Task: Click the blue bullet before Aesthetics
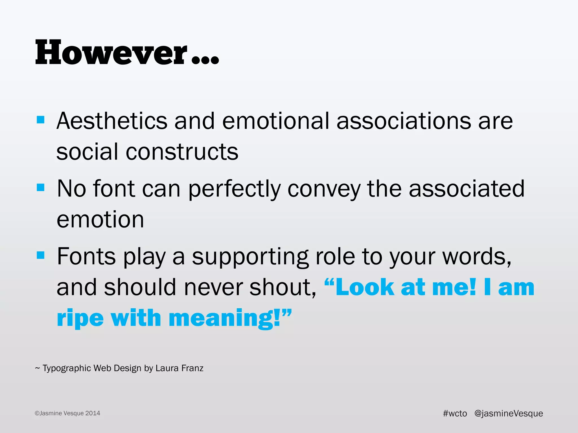[x=41, y=120]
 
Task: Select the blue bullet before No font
[x=41, y=187]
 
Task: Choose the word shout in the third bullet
[x=282, y=287]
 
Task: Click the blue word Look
[x=365, y=287]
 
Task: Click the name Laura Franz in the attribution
[x=179, y=368]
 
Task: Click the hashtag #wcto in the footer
[x=455, y=413]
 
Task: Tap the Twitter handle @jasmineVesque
[x=509, y=413]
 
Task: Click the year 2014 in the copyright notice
[x=93, y=413]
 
